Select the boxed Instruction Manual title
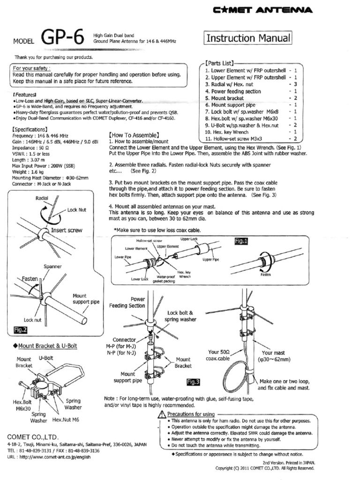point(248,38)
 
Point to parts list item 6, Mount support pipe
point(230,105)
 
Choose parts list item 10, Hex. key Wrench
point(230,132)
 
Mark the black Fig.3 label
point(193,382)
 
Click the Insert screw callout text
point(67,230)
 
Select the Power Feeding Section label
point(127,302)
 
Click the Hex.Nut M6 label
point(66,420)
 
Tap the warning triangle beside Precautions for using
point(162,414)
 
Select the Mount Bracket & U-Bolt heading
point(44,346)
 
